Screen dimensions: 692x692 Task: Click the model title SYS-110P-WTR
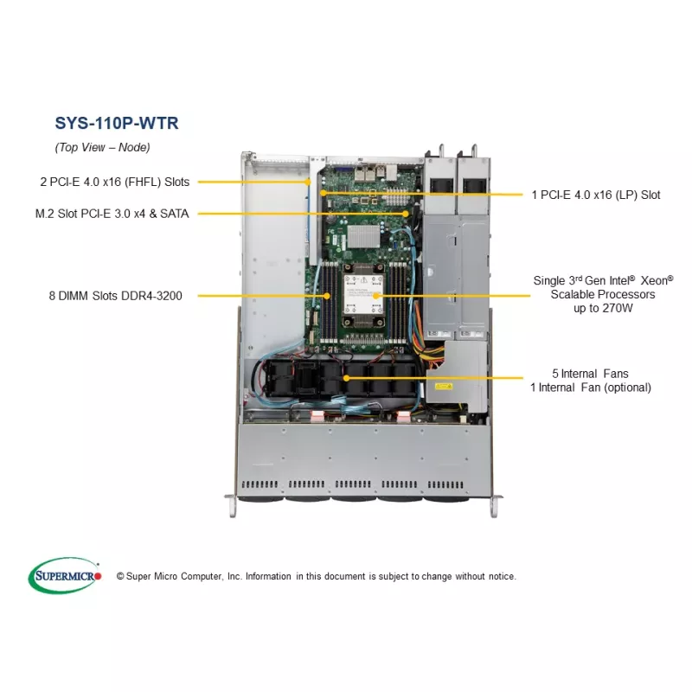[116, 123]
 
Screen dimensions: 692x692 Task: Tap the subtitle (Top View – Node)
[103, 147]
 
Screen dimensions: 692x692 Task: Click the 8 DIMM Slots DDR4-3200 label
[121, 296]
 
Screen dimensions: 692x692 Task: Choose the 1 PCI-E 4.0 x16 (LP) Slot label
[596, 195]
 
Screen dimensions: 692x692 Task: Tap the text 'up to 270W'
[602, 308]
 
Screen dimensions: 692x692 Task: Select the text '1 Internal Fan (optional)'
[591, 388]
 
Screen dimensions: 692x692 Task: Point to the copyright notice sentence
[316, 576]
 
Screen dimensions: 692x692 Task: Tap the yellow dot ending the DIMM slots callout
[327, 296]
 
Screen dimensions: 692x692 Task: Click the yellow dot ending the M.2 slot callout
[406, 213]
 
